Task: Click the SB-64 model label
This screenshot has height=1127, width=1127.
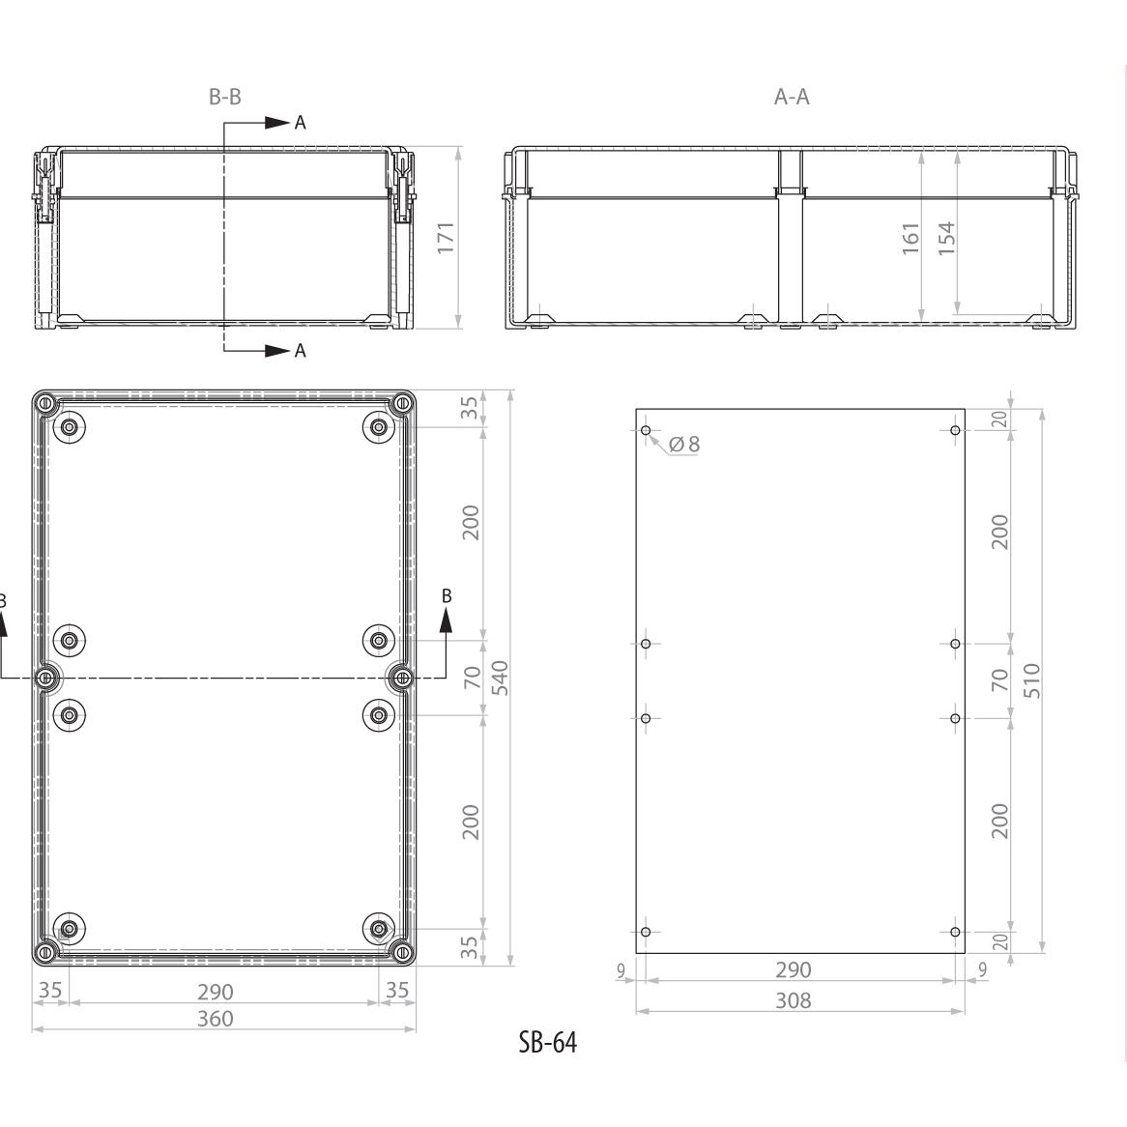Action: click(548, 1042)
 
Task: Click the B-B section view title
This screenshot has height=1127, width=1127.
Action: click(225, 97)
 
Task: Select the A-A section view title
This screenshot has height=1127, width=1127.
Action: click(792, 97)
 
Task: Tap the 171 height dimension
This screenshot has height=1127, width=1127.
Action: click(446, 237)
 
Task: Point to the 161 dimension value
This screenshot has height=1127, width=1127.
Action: click(910, 238)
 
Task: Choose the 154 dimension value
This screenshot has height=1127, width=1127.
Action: click(946, 238)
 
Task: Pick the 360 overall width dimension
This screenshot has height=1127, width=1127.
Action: click(215, 1019)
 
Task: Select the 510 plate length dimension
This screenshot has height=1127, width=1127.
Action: click(1031, 679)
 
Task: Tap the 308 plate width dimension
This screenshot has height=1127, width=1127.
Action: click(793, 999)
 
